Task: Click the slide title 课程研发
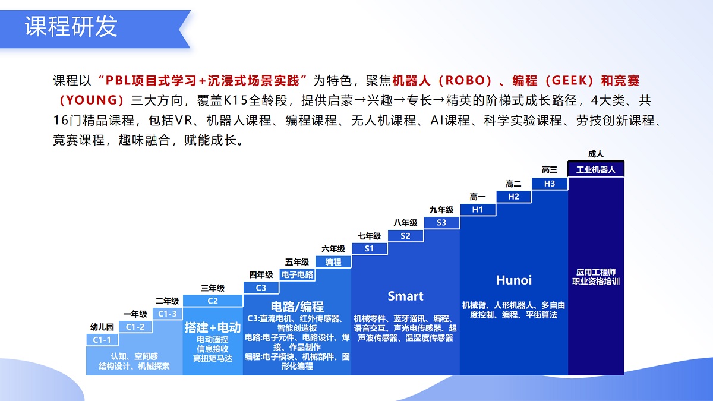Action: coord(71,27)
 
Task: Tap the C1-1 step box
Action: coord(102,339)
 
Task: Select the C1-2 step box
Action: coord(135,326)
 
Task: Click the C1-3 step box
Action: coord(167,313)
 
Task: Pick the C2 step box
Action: coord(213,301)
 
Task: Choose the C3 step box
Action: coord(261,288)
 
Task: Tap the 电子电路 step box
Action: coord(297,274)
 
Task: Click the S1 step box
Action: coord(369,248)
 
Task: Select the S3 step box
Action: coord(441,222)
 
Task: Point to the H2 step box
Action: coord(513,196)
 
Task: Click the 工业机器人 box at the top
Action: coord(596,169)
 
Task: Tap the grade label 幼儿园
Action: coord(102,327)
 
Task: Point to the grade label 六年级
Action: coord(333,249)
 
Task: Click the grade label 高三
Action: coord(550,170)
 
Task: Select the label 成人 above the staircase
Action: coord(596,154)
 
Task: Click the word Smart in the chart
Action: coord(405,296)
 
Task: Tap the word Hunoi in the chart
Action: coord(514,280)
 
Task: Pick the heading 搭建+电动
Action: coord(212,327)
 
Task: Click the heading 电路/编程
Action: coord(297,307)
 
